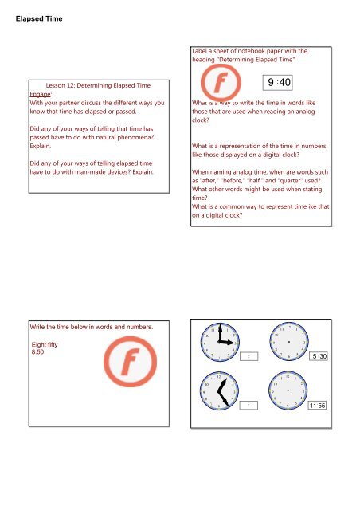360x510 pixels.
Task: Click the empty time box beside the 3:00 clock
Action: point(250,356)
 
